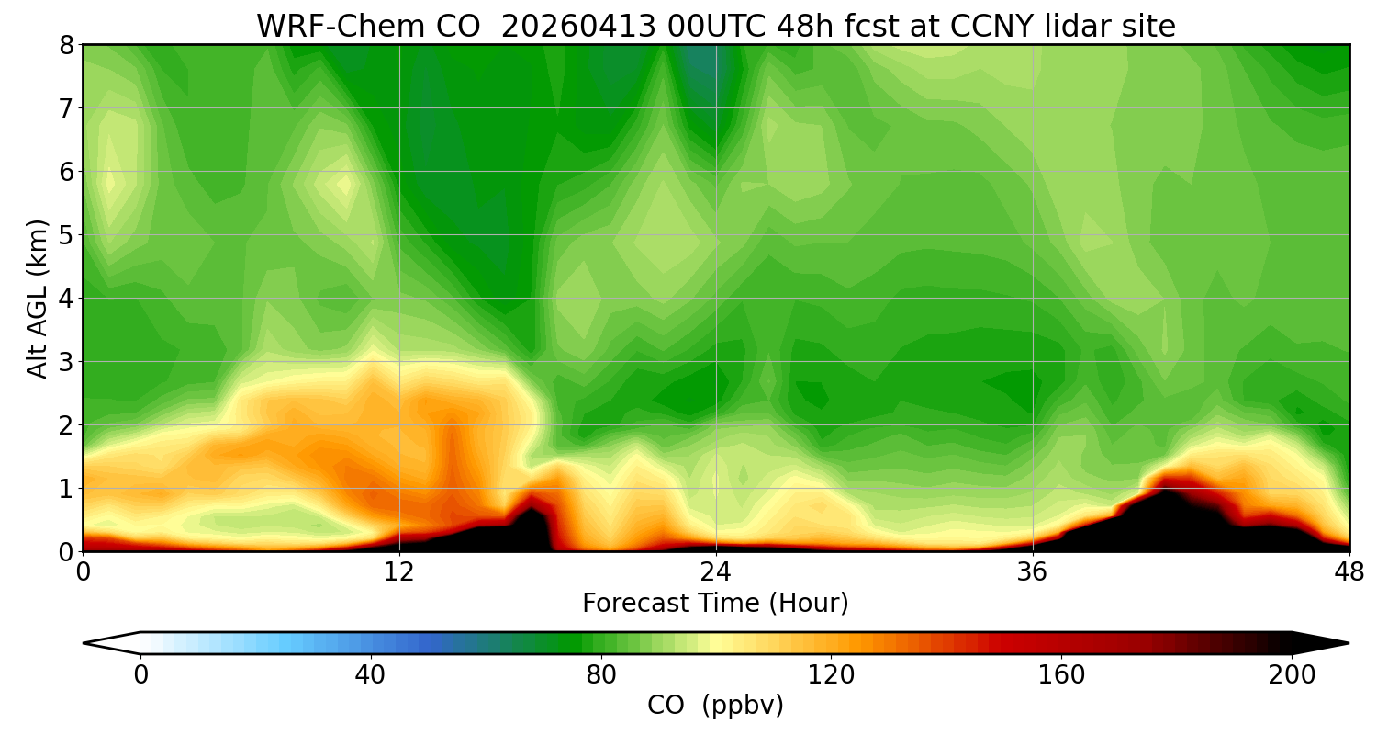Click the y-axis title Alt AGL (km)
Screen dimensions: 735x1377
click(x=38, y=298)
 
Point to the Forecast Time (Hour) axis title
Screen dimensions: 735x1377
click(x=715, y=604)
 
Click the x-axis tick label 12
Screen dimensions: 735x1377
click(x=399, y=572)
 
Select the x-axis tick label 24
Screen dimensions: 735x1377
click(x=715, y=572)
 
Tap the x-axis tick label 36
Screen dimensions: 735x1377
click(x=1033, y=572)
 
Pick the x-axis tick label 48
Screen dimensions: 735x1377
click(x=1349, y=572)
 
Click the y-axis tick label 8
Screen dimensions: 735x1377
click(x=65, y=45)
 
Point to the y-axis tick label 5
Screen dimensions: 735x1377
click(x=65, y=235)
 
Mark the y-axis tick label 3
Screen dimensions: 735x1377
click(x=65, y=362)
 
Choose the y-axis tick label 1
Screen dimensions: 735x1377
click(x=65, y=489)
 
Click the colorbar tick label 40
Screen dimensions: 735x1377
click(x=370, y=675)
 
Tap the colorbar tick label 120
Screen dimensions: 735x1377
click(x=831, y=675)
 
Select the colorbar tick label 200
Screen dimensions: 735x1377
click(x=1292, y=675)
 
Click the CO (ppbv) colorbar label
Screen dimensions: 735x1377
click(x=715, y=706)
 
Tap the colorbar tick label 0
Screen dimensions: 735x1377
click(x=140, y=675)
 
